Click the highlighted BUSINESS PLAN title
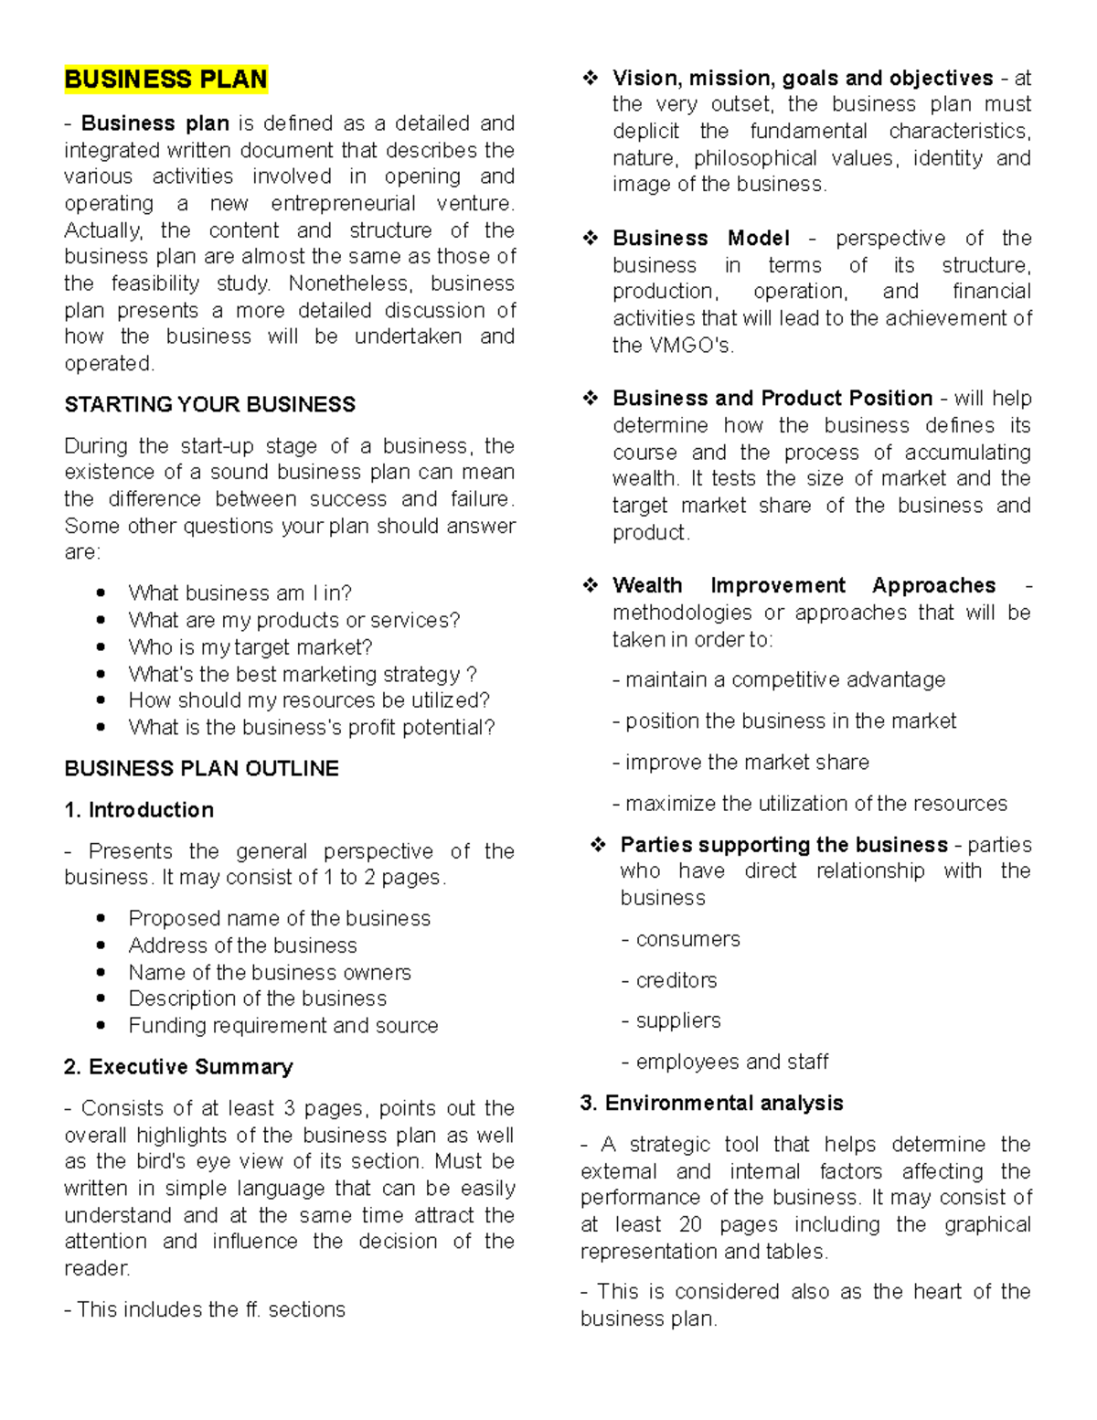[165, 80]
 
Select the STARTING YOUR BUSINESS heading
[209, 404]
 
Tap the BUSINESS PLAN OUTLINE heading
[201, 768]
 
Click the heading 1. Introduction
[139, 809]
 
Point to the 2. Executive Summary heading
[178, 1066]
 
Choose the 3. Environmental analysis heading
[711, 1103]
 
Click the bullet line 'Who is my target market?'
[250, 646]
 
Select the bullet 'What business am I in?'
[240, 593]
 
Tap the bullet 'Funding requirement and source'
[282, 1025]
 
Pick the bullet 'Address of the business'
[242, 945]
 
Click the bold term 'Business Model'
[700, 238]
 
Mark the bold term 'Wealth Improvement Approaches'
[804, 585]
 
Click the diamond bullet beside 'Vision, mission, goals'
[591, 79]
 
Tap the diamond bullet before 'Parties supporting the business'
[598, 845]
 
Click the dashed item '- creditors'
[669, 980]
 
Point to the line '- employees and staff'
[724, 1062]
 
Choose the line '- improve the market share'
[740, 762]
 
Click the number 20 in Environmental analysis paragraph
[690, 1224]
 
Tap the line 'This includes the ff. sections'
[205, 1309]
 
